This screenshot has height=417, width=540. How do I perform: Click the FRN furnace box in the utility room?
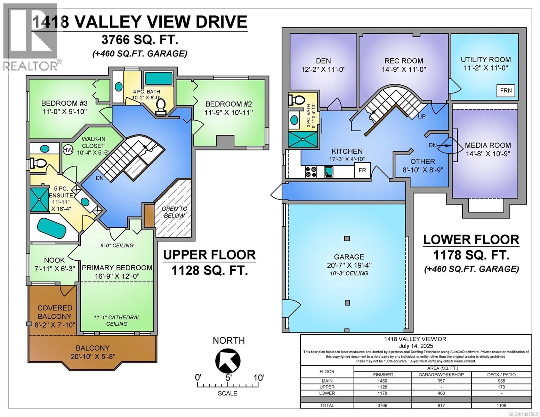506,91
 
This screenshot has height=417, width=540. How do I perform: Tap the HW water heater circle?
67,150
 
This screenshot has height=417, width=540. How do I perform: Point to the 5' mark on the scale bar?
228,377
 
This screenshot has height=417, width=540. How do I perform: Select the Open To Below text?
174,212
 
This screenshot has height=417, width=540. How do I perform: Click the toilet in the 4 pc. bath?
161,106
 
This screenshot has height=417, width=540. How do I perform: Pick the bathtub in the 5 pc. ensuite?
51,228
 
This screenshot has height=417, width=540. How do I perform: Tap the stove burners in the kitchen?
311,172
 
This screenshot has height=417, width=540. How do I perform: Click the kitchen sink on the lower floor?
329,171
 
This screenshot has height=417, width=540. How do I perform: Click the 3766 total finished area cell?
382,405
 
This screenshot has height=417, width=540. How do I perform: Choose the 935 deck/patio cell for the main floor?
501,381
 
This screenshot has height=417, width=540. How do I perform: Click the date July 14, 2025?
416,346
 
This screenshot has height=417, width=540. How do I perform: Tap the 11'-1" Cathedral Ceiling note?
117,320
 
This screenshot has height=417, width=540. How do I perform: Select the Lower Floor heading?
471,240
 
